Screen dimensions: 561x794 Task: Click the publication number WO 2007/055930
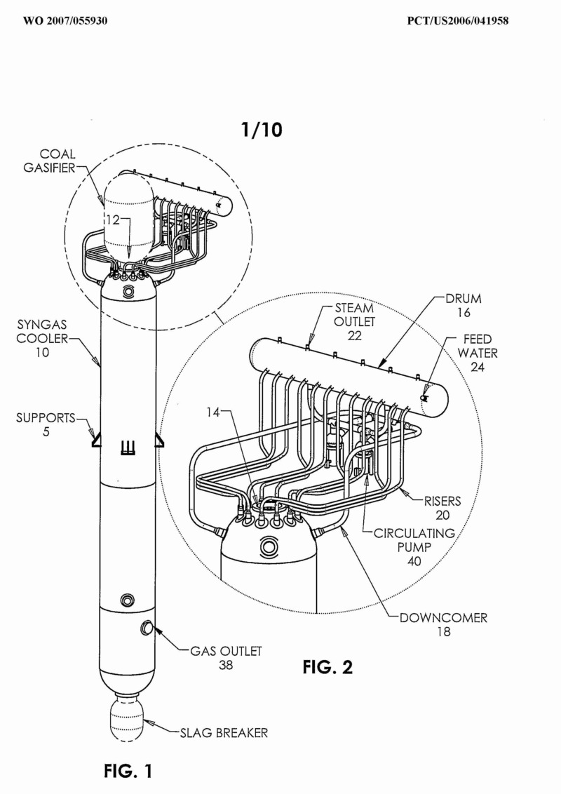pos(65,21)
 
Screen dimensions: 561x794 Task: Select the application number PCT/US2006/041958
pos(458,21)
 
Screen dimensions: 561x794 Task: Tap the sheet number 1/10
pos(262,130)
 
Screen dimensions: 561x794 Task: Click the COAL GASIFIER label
pos(50,161)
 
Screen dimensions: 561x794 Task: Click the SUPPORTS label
pos(46,425)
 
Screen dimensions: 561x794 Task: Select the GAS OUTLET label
pos(226,658)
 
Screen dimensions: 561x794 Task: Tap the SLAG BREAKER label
pos(224,733)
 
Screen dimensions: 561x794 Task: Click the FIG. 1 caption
pos(128,772)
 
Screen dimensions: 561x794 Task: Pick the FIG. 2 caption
pos(327,667)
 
